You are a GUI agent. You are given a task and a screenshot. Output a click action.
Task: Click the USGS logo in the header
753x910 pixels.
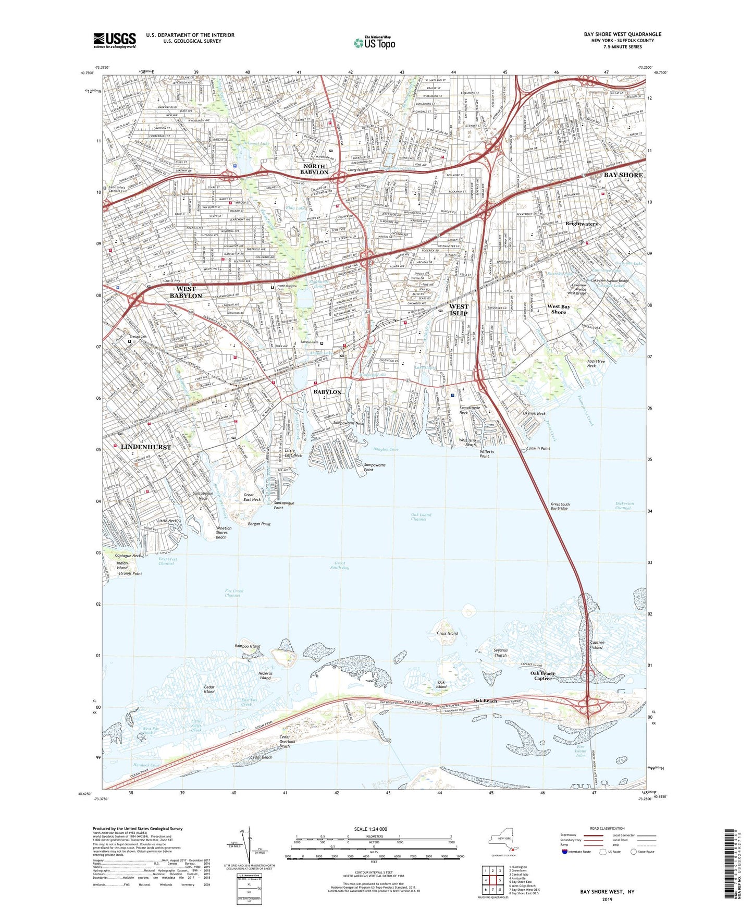tap(115, 40)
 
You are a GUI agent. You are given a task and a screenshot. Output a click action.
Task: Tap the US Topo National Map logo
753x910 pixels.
tap(375, 43)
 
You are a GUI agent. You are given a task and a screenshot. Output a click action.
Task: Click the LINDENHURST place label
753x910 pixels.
tap(146, 447)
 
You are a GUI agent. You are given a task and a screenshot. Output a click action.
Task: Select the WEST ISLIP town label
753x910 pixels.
tap(459, 310)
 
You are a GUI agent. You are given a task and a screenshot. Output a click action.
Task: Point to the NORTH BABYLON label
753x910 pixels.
tap(314, 169)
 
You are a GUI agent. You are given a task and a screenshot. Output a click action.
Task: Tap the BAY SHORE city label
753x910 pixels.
tap(623, 175)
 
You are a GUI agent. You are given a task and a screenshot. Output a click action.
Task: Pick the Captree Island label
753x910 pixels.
tap(597, 645)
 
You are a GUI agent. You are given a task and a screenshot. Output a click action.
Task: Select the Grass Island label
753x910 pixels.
tap(447, 633)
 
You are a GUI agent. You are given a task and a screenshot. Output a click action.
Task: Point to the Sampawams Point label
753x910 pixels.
tap(375, 467)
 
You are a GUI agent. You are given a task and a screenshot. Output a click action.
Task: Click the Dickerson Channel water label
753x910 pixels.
tap(624, 506)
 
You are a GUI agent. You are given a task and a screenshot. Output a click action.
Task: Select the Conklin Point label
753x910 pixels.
tap(538, 448)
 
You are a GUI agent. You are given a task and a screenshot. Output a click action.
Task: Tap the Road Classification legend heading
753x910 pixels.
tap(607, 828)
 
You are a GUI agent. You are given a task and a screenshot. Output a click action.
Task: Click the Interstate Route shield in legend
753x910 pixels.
tap(565, 852)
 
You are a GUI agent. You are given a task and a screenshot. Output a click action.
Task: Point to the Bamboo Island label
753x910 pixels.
tap(247, 646)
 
